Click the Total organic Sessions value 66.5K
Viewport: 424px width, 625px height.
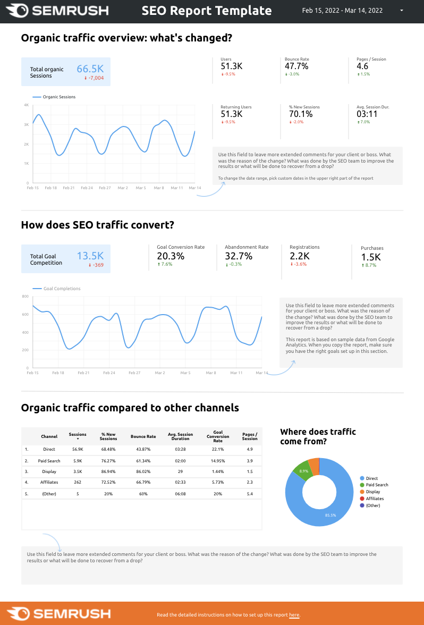click(x=90, y=69)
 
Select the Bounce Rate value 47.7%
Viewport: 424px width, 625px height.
click(x=296, y=66)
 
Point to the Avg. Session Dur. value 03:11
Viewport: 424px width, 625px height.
click(x=367, y=114)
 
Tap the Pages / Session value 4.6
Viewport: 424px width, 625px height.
click(x=362, y=66)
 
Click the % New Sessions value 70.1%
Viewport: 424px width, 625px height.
click(x=301, y=114)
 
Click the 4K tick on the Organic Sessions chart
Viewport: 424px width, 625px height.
click(x=26, y=105)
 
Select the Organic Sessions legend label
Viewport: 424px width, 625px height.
click(x=58, y=97)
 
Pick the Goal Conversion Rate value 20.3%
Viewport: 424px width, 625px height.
click(x=171, y=256)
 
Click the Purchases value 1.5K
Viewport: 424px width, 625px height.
click(x=371, y=257)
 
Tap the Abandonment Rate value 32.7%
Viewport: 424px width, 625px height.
click(x=239, y=256)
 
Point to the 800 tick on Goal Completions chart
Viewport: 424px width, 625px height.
click(x=25, y=297)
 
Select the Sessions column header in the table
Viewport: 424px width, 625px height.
click(x=78, y=435)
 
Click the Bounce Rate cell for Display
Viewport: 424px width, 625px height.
click(x=143, y=471)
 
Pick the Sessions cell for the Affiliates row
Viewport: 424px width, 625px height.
click(x=78, y=482)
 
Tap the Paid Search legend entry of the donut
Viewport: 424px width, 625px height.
click(x=377, y=485)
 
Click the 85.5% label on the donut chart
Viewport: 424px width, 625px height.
click(x=331, y=515)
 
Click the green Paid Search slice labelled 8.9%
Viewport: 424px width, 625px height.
click(x=302, y=470)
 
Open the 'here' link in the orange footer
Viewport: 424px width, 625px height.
click(x=294, y=615)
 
